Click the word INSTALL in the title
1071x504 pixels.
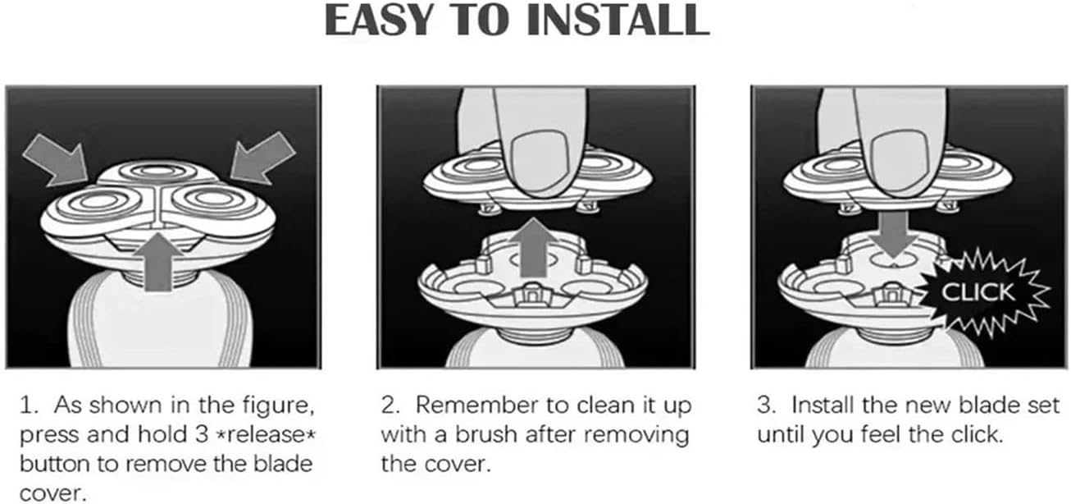[x=618, y=20]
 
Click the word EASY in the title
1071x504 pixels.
[x=378, y=20]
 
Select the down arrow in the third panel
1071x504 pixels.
[x=893, y=235]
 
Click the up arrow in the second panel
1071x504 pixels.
[x=533, y=247]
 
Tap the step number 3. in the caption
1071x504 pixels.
[x=767, y=405]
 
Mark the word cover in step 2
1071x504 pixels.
[x=462, y=465]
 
